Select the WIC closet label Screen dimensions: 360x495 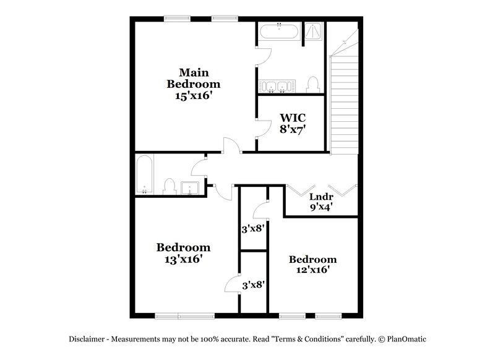pyautogui.click(x=292, y=118)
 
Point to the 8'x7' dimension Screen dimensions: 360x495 pyautogui.click(x=292, y=130)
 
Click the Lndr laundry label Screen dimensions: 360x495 pyautogui.click(x=321, y=197)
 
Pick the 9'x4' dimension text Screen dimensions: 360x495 pyautogui.click(x=321, y=208)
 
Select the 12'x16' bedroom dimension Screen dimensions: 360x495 pyautogui.click(x=312, y=270)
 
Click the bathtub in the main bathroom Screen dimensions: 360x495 pyautogui.click(x=278, y=31)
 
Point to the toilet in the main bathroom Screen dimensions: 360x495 pyautogui.click(x=313, y=84)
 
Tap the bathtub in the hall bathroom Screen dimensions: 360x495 pyautogui.click(x=144, y=174)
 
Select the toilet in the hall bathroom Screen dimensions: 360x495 pyautogui.click(x=168, y=187)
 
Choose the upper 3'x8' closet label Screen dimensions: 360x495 pyautogui.click(x=253, y=228)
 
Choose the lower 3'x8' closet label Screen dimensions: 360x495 pyautogui.click(x=253, y=285)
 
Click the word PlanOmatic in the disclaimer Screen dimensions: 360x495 pyautogui.click(x=406, y=339)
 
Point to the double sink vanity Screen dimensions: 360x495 pyautogui.click(x=276, y=86)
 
